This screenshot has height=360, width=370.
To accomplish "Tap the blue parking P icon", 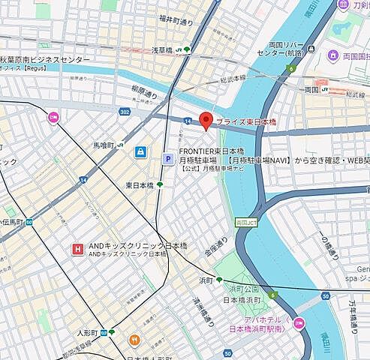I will tap(169, 158).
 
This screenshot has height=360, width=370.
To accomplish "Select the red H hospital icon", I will tap(77, 249).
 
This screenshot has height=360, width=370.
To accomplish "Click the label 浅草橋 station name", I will tap(163, 49).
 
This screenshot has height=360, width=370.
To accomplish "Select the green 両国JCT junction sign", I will tap(245, 223).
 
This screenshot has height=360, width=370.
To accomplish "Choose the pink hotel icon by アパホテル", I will tap(299, 323).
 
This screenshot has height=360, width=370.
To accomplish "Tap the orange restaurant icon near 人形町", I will tap(134, 340).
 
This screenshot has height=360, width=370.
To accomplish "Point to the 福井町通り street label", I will tap(176, 21).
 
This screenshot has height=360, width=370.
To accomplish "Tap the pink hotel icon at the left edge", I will tap(53, 117).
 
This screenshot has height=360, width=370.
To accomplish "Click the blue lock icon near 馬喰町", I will tap(140, 152).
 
